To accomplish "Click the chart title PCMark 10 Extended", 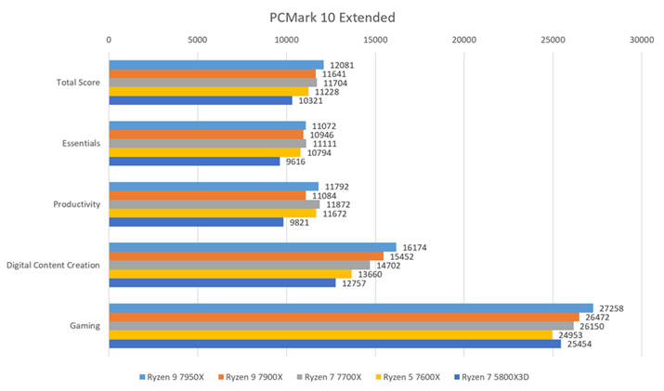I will click(x=332, y=17).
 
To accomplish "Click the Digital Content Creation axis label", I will click(x=54, y=266).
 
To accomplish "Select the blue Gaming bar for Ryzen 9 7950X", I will click(x=350, y=307).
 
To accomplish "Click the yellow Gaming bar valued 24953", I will click(x=330, y=334).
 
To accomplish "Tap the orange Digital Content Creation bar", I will click(x=246, y=256).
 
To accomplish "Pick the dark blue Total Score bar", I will click(x=201, y=100).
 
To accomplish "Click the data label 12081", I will click(x=340, y=65).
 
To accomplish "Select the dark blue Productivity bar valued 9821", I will click(x=196, y=222).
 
